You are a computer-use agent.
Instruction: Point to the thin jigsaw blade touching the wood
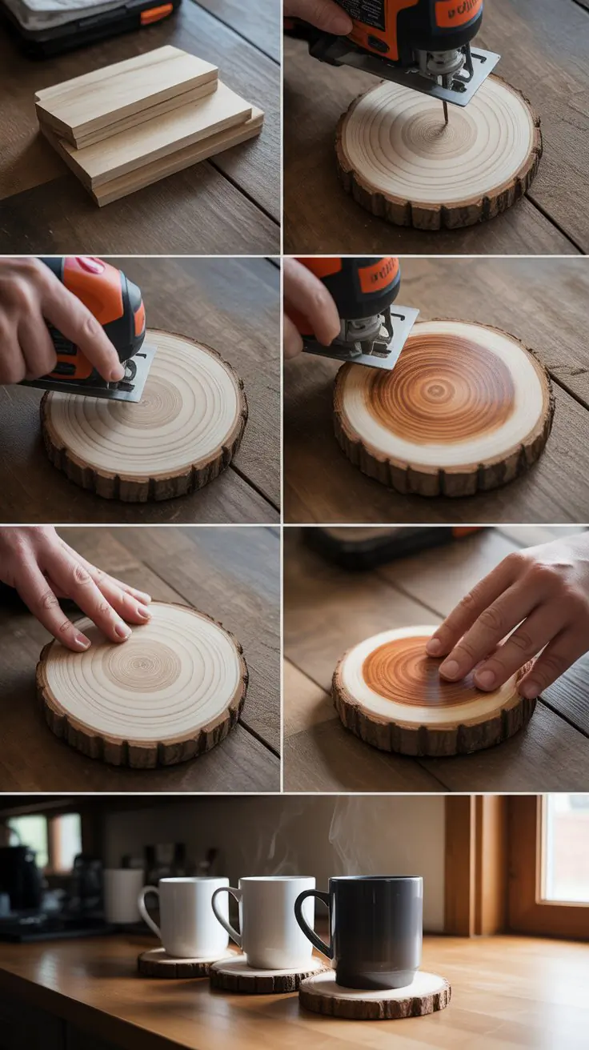(x=445, y=110)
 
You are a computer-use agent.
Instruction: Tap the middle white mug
(x=277, y=920)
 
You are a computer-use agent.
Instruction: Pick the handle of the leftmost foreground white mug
(x=149, y=912)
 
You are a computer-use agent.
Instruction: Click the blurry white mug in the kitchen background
(x=122, y=895)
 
